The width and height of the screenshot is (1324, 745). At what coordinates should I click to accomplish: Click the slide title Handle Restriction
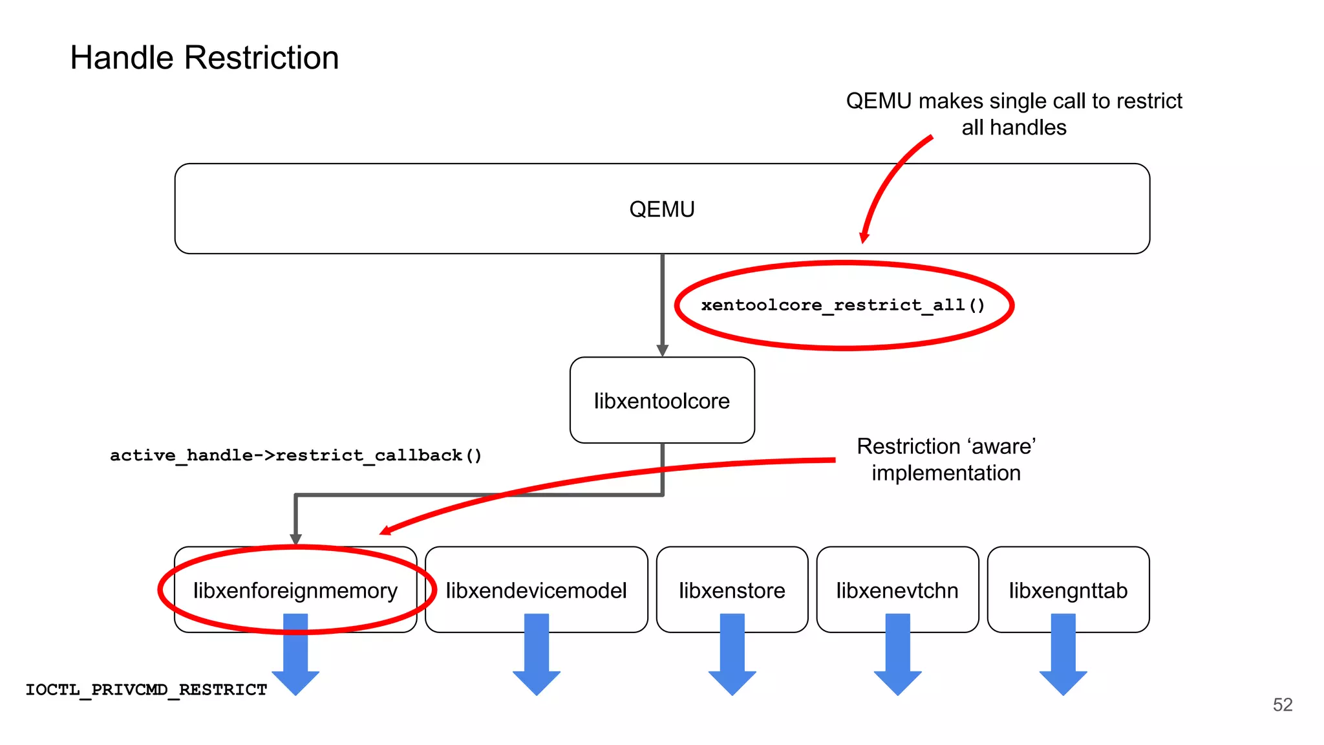[204, 58]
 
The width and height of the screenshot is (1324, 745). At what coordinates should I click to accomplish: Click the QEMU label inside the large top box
[661, 210]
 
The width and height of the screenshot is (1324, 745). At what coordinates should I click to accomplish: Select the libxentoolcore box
[661, 400]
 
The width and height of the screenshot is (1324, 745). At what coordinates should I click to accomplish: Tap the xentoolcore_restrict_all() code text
[842, 305]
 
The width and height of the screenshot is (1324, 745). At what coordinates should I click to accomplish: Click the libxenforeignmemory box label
[295, 590]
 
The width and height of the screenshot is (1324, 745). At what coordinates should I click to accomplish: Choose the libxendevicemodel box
[536, 590]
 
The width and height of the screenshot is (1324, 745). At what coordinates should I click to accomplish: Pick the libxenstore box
[732, 590]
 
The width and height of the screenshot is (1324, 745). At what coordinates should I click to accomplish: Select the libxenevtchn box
[897, 590]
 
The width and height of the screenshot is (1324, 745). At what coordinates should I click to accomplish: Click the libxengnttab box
[1068, 590]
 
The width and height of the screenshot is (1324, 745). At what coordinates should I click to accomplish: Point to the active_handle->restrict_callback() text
[295, 455]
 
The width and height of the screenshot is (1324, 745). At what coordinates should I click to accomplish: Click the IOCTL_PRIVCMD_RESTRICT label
[146, 690]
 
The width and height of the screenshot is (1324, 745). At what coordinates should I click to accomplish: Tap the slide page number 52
[1282, 705]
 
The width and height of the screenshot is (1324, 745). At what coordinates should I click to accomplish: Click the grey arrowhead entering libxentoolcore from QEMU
[662, 351]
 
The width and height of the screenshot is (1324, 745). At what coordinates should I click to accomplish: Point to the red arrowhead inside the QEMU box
[864, 238]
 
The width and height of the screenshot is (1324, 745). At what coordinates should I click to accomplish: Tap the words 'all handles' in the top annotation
[1014, 127]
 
